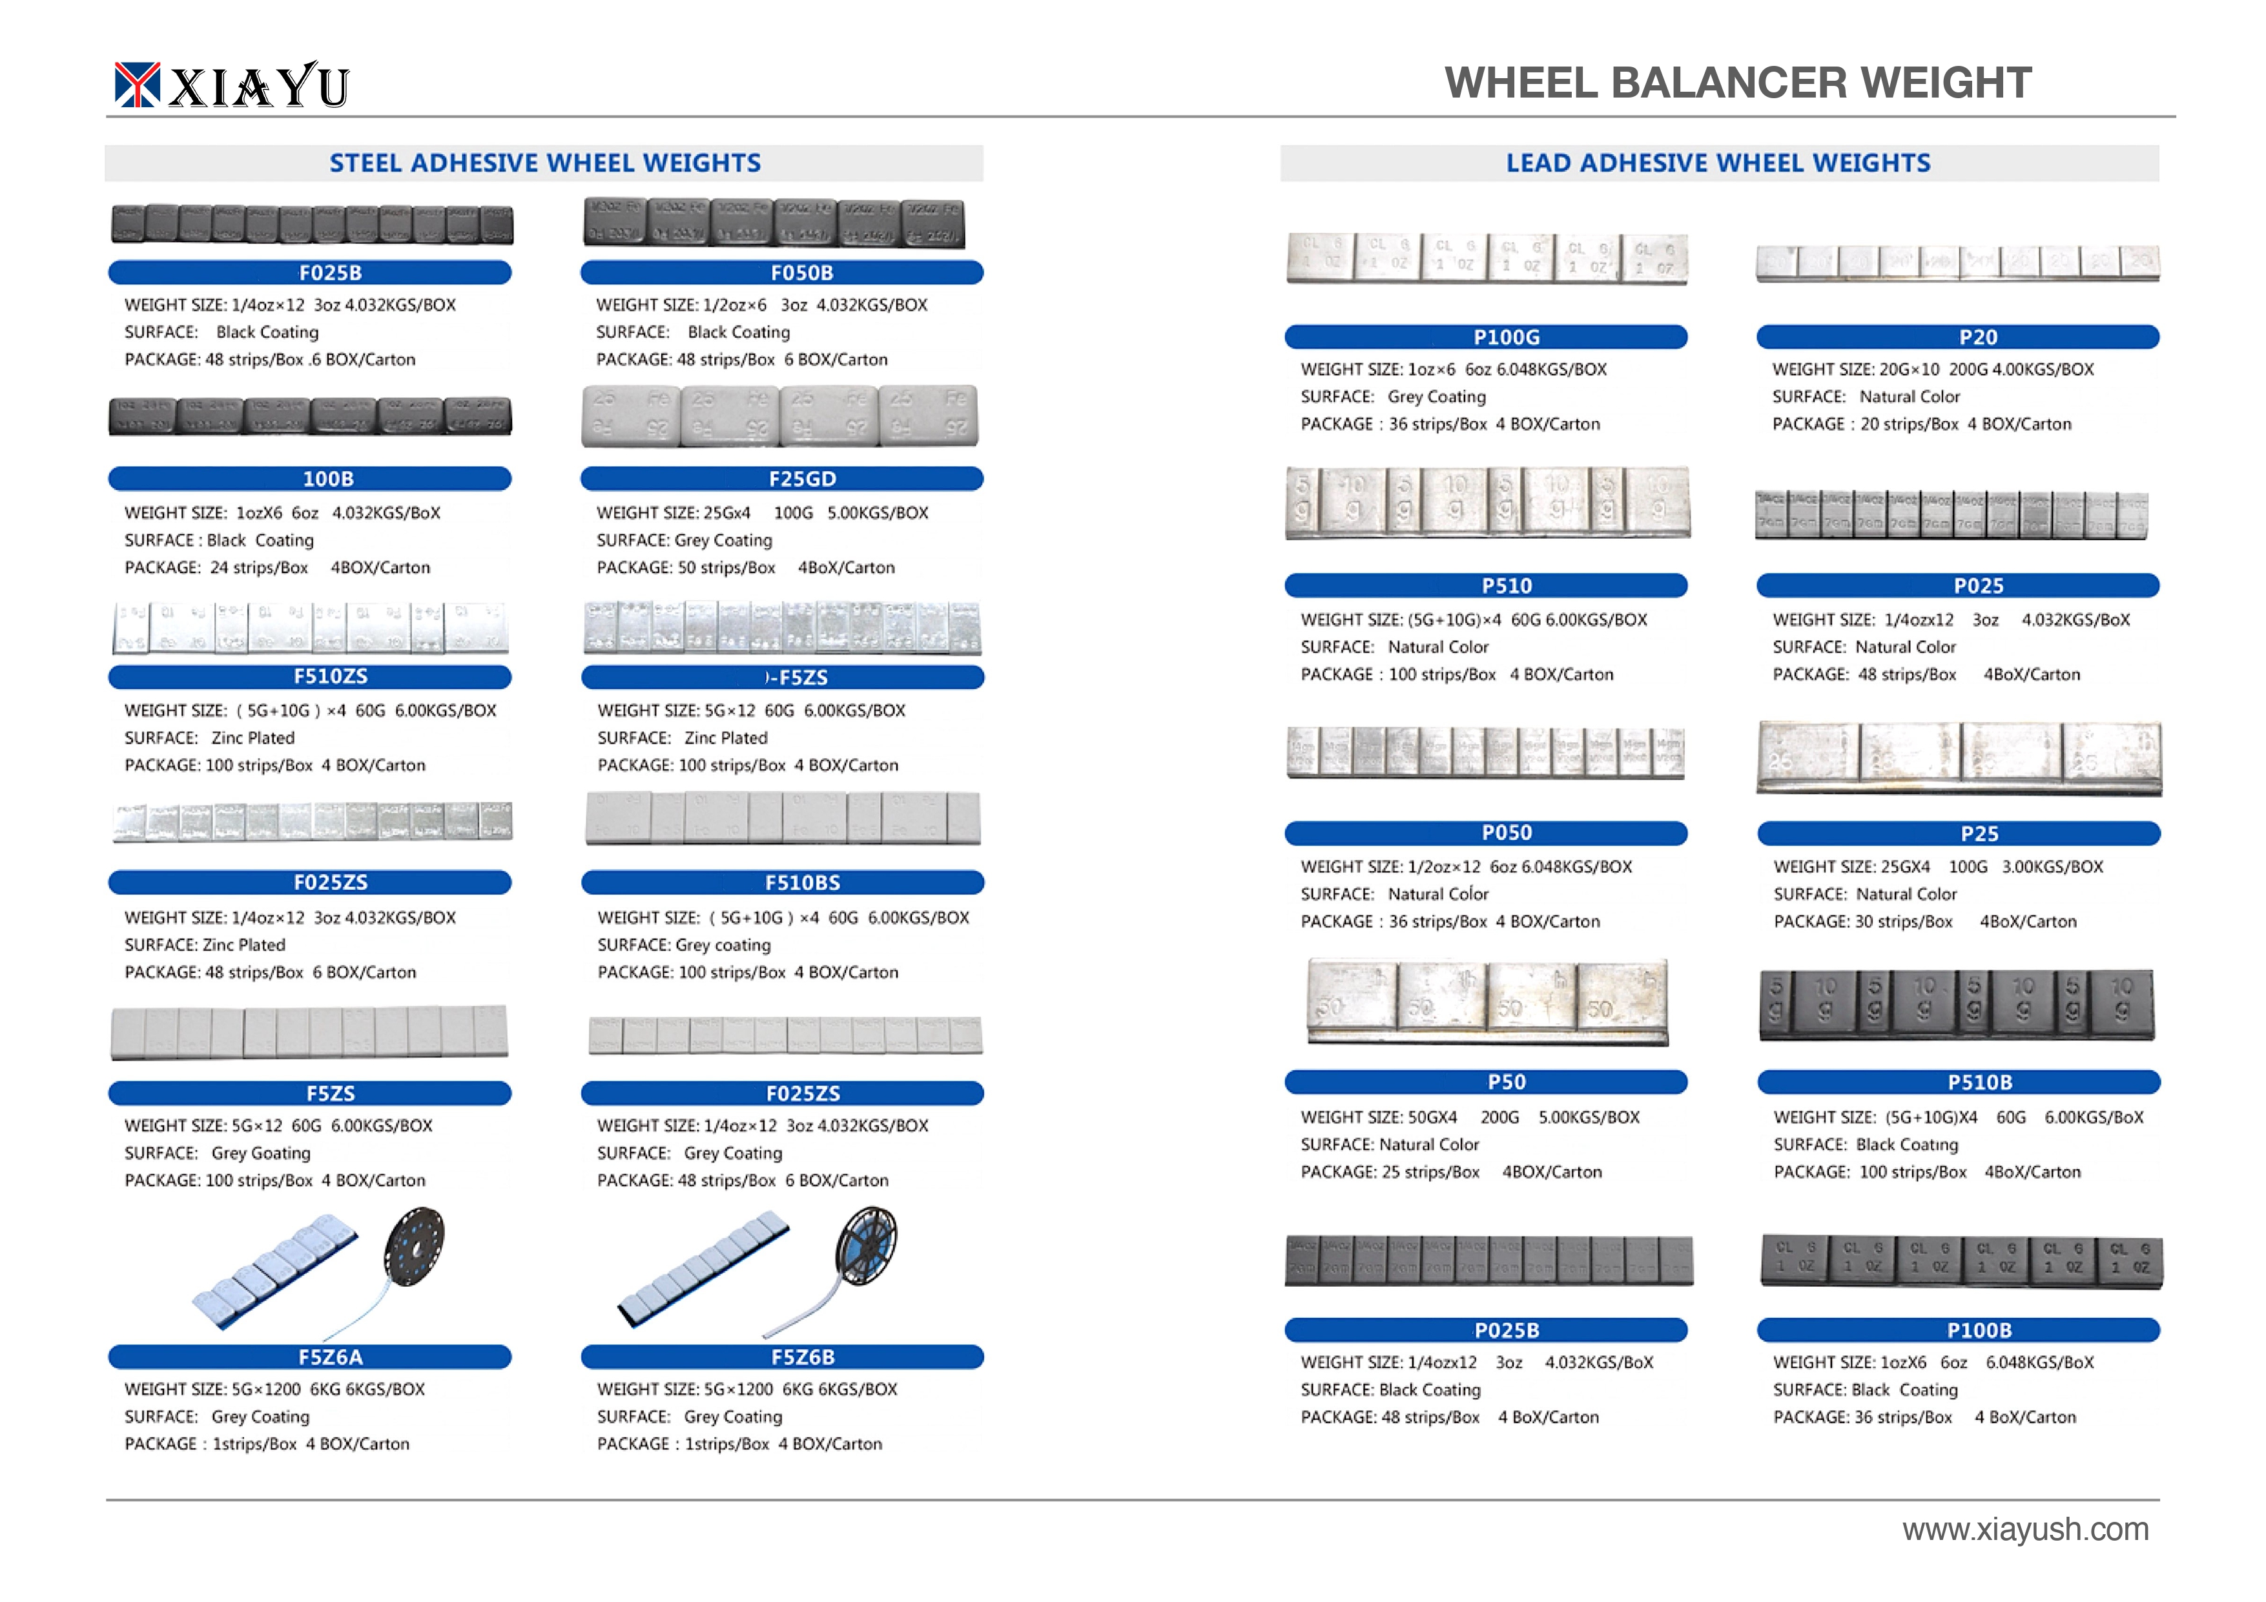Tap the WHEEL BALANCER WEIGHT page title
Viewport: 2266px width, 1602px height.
tap(1737, 83)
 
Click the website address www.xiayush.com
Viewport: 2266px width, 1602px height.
tap(2025, 1529)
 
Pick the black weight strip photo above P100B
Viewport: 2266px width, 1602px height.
tap(1961, 1260)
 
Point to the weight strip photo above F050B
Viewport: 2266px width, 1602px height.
tap(775, 223)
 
